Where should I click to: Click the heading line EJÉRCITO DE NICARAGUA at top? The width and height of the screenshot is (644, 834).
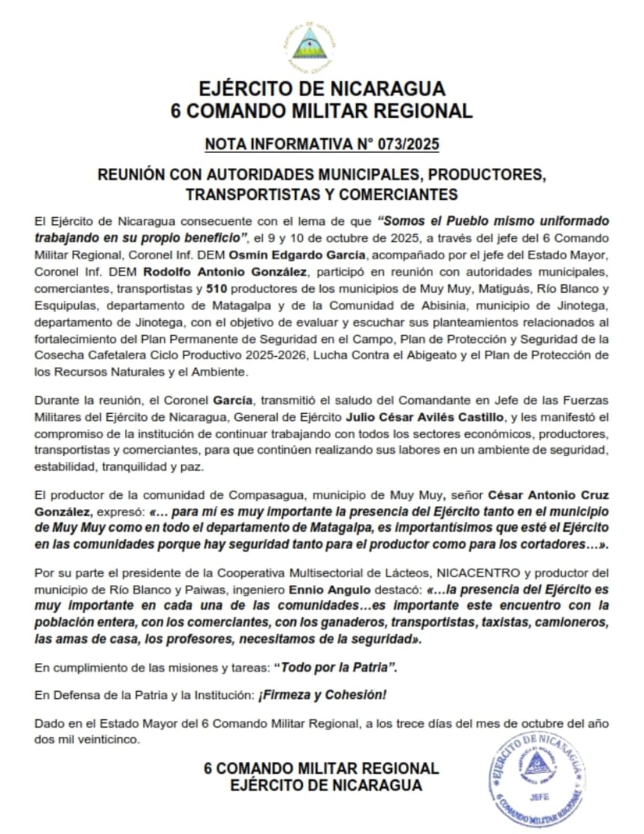322,88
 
